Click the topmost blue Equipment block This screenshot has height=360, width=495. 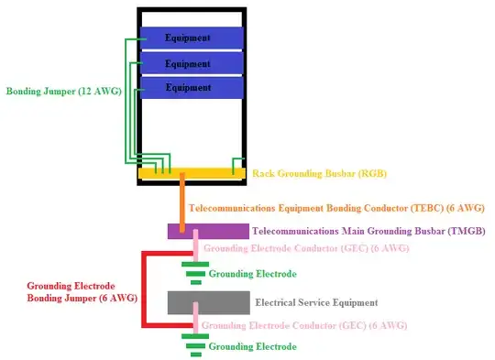(x=192, y=38)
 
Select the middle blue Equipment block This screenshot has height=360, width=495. (x=192, y=63)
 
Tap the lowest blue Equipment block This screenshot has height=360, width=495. (x=192, y=88)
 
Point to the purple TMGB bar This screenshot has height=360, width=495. (x=208, y=231)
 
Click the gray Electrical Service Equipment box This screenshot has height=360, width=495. (x=208, y=302)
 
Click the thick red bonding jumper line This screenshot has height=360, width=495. (x=142, y=289)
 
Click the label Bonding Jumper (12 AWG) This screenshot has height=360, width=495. (x=63, y=92)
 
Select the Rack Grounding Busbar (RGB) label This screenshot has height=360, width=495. (x=312, y=173)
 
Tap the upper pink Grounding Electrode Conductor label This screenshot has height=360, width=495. (x=305, y=248)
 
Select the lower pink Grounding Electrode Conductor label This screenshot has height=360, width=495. (x=304, y=325)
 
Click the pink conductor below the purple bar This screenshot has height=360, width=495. (x=194, y=248)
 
